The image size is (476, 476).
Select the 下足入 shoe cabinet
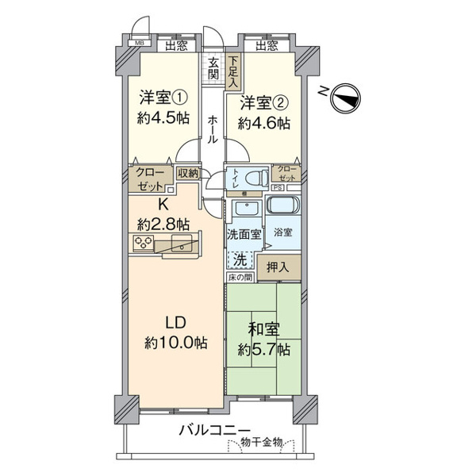coord(233,71)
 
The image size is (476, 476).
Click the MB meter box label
coord(140,44)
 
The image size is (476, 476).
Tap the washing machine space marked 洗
coord(240,259)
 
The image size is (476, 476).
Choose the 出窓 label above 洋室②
coord(267,45)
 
